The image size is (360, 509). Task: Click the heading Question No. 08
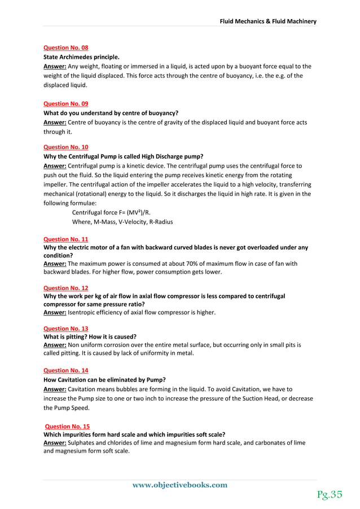pos(65,48)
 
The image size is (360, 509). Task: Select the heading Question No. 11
pos(65,239)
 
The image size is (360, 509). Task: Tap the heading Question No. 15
pos(67,427)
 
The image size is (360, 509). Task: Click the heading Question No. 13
pos(65,327)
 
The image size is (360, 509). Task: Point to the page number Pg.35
pos(330,495)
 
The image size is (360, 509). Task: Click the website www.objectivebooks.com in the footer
pos(179,485)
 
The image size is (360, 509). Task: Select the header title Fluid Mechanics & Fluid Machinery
pos(268,21)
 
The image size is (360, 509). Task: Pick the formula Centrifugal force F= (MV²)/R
pos(112,212)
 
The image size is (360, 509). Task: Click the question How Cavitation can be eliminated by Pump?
pos(104,379)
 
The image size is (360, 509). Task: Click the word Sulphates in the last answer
pos(84,443)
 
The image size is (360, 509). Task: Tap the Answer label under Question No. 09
pos(55,122)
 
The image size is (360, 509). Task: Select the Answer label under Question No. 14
pos(55,389)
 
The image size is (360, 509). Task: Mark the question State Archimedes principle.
pos(81,57)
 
